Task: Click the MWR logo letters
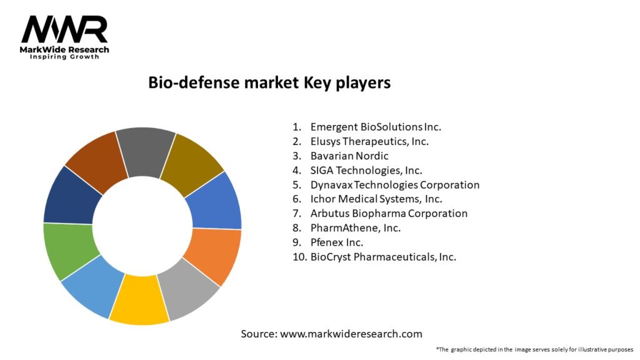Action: (64, 29)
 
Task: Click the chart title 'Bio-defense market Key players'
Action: (269, 82)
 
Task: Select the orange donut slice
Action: (213, 256)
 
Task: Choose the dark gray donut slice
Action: (146, 151)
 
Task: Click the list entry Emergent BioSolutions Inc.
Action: (376, 127)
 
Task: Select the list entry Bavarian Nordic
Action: (349, 156)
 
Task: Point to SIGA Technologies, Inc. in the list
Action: (366, 170)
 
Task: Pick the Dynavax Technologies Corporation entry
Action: (395, 184)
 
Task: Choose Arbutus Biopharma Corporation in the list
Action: (389, 213)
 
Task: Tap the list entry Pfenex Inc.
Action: (337, 242)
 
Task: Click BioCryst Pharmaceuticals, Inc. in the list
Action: (383, 256)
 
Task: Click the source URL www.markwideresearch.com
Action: (351, 334)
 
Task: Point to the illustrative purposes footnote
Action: (534, 349)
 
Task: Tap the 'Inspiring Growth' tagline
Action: (64, 57)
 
